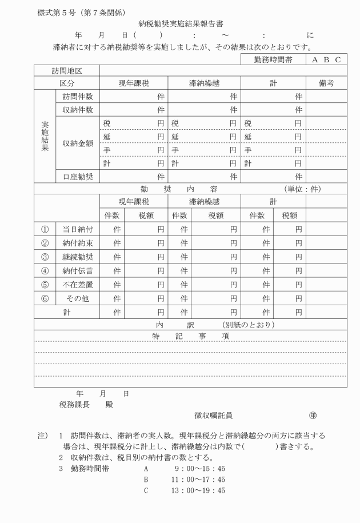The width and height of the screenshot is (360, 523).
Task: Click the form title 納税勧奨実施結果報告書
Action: pos(180,24)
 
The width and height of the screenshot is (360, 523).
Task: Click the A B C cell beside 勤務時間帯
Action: pos(326,59)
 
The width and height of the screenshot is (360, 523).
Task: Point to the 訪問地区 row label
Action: pos(67,71)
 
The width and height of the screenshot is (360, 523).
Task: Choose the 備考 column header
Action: pos(326,83)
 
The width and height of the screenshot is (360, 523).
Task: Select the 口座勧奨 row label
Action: pos(77,177)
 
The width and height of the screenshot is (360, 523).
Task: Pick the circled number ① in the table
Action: pos(45,229)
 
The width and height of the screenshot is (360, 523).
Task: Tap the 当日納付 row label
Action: pos(77,229)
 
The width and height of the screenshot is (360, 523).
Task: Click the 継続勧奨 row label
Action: pos(77,257)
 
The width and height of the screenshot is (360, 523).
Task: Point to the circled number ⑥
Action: pos(45,298)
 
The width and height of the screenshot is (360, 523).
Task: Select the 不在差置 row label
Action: pos(77,285)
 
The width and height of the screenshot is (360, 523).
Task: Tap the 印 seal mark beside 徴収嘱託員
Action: pos(312,416)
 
